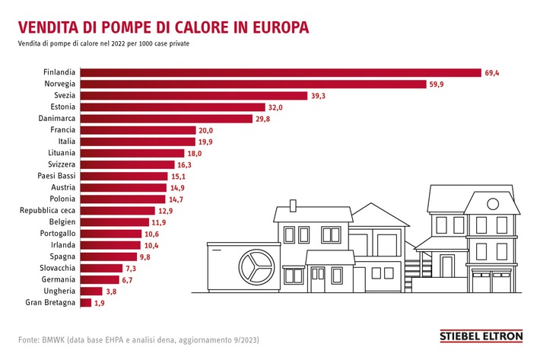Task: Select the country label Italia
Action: pyautogui.click(x=66, y=142)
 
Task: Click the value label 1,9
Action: pyautogui.click(x=98, y=302)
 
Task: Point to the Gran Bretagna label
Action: pyautogui.click(x=50, y=302)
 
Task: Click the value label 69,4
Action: pyautogui.click(x=494, y=73)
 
